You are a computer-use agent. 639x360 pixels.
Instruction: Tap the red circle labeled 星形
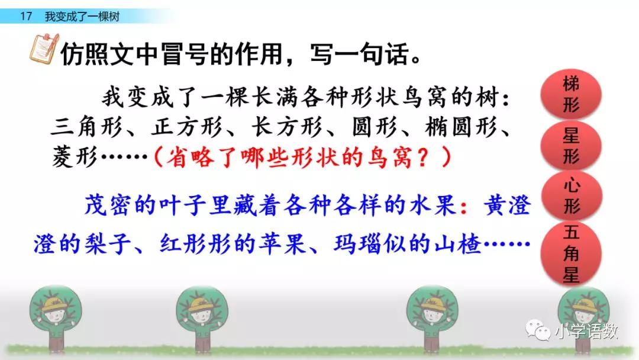click(x=571, y=146)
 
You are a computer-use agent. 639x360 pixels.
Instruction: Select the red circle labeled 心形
click(x=571, y=197)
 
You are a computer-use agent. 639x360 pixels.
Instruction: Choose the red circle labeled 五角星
click(x=571, y=253)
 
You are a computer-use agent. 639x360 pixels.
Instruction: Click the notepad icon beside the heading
click(x=44, y=49)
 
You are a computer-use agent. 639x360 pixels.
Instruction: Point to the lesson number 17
click(x=25, y=17)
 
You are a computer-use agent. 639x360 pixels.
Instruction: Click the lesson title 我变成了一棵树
click(x=82, y=17)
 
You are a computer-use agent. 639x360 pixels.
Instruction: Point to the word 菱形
click(x=75, y=157)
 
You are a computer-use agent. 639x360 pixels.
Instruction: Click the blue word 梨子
click(x=108, y=244)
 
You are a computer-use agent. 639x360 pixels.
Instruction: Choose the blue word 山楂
click(x=458, y=244)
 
